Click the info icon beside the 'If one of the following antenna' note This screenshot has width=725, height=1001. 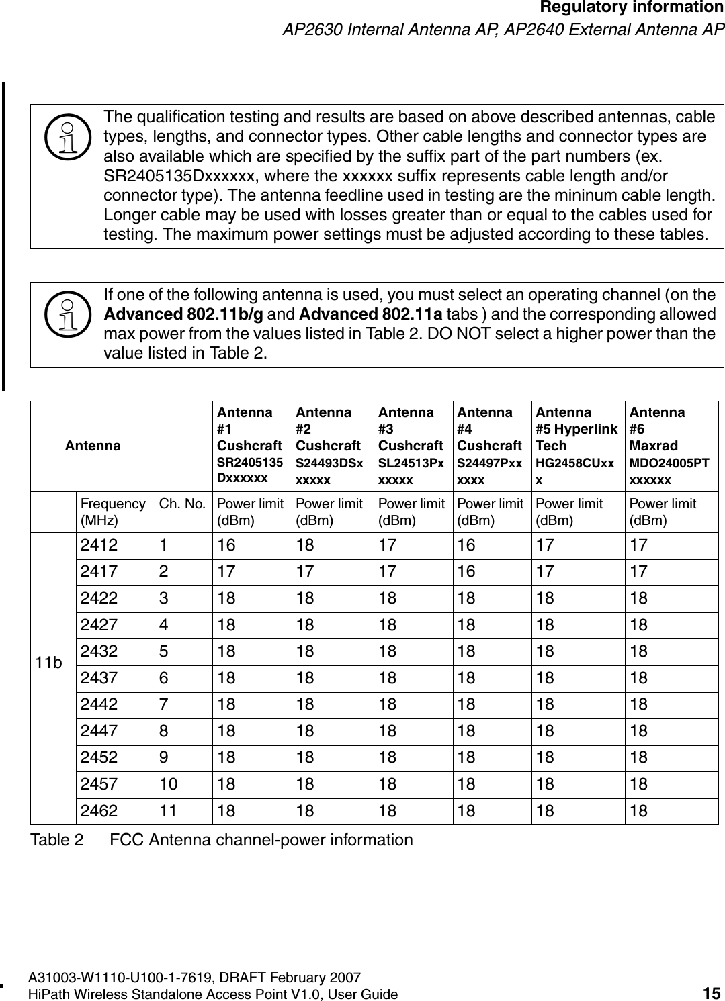click(66, 315)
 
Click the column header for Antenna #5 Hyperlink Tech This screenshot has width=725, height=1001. click(576, 445)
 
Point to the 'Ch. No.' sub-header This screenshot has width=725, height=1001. click(181, 504)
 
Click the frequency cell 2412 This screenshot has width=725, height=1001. click(99, 545)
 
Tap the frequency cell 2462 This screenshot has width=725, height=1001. click(99, 811)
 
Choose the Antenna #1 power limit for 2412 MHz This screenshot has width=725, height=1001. click(226, 545)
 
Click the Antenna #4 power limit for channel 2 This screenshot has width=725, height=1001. click(466, 572)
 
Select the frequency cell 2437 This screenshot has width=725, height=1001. click(99, 678)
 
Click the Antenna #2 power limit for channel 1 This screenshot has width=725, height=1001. click(305, 545)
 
